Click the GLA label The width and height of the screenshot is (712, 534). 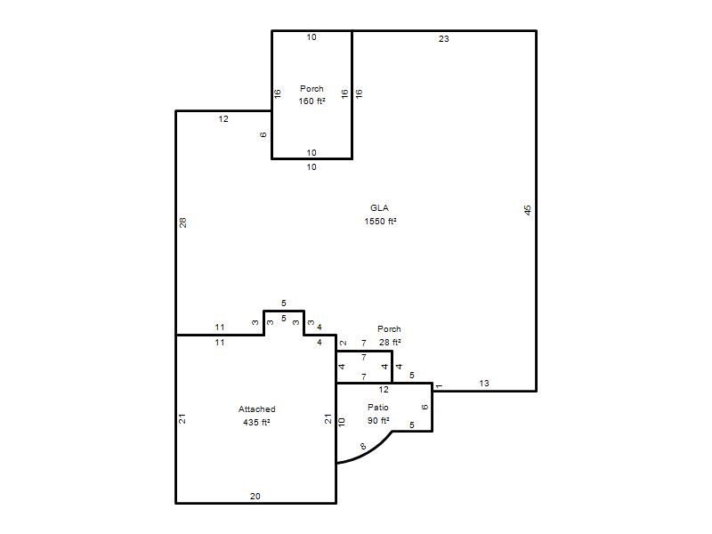pos(379,208)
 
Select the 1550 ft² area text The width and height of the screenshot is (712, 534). pos(381,221)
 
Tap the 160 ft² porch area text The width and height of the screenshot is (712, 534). pos(312,101)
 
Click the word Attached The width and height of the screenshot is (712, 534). pos(257,409)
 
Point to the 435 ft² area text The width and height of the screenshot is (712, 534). pos(256,422)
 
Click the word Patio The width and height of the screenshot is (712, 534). pos(378,408)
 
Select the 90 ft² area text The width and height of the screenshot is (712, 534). pos(378,420)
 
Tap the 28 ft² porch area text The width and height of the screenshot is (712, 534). pos(390,342)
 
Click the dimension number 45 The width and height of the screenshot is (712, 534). pos(527,210)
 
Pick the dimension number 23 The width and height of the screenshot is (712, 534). pos(443,39)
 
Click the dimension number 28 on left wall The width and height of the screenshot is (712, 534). pos(182,222)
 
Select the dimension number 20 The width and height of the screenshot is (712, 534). pos(255,497)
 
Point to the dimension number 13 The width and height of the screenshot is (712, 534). pos(484,384)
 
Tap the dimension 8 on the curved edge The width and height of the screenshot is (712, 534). pos(363,447)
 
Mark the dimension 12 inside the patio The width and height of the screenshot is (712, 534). pos(384,390)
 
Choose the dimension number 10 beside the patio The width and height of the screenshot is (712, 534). pos(342,422)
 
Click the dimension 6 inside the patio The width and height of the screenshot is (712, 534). pos(425,407)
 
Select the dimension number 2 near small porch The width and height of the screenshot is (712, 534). pos(344,343)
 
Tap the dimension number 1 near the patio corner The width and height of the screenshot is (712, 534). pos(439,386)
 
